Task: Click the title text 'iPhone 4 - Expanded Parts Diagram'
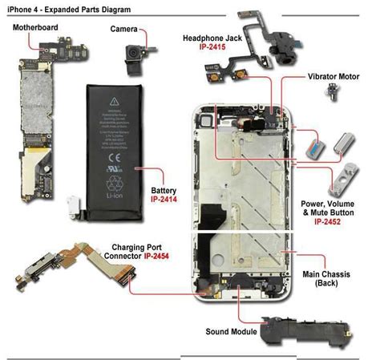67,7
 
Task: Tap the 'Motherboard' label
38,26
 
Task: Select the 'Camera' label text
125,30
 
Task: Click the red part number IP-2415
218,48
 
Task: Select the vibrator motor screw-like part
328,94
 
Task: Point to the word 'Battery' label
164,189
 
